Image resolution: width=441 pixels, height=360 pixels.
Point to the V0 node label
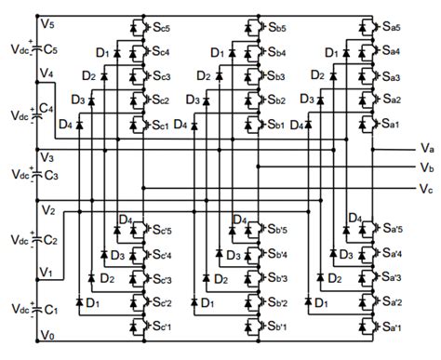pos(47,335)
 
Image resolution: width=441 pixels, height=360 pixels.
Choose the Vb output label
pos(425,167)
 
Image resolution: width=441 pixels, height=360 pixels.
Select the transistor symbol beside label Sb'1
pos(252,327)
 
